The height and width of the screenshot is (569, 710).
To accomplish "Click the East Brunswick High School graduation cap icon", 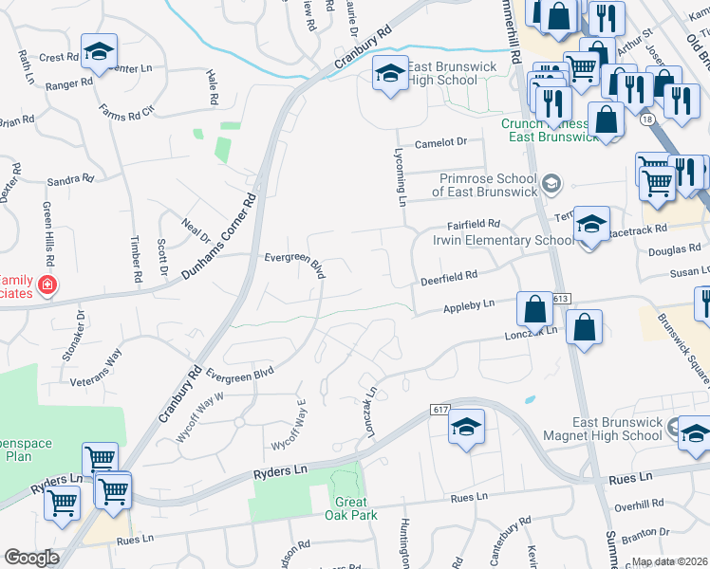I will coord(388,74).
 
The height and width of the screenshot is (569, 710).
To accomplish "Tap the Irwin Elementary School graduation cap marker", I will coord(591,226).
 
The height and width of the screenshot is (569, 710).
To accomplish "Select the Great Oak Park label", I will coord(355,508).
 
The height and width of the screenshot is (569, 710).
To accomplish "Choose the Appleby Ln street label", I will coord(469,306).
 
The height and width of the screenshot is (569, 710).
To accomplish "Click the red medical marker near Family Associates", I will coord(47,284).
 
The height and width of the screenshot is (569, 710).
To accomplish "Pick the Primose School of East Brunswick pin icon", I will coord(551,182).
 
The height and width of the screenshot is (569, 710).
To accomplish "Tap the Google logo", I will coord(32,558).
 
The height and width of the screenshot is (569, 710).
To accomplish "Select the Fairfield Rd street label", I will coord(472,226).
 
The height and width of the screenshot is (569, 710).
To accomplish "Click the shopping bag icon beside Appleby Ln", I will coord(534,308).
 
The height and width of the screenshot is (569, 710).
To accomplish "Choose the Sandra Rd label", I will coord(70,178).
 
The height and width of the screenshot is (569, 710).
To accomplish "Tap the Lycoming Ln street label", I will coord(401,176).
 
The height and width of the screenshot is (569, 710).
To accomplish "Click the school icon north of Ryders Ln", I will coord(467,427).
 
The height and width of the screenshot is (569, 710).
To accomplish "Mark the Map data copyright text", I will coord(670,561).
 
